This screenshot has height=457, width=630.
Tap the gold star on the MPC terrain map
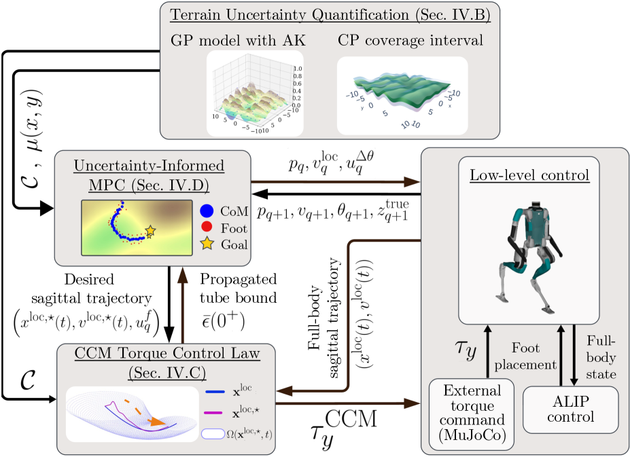[x=150, y=232]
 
